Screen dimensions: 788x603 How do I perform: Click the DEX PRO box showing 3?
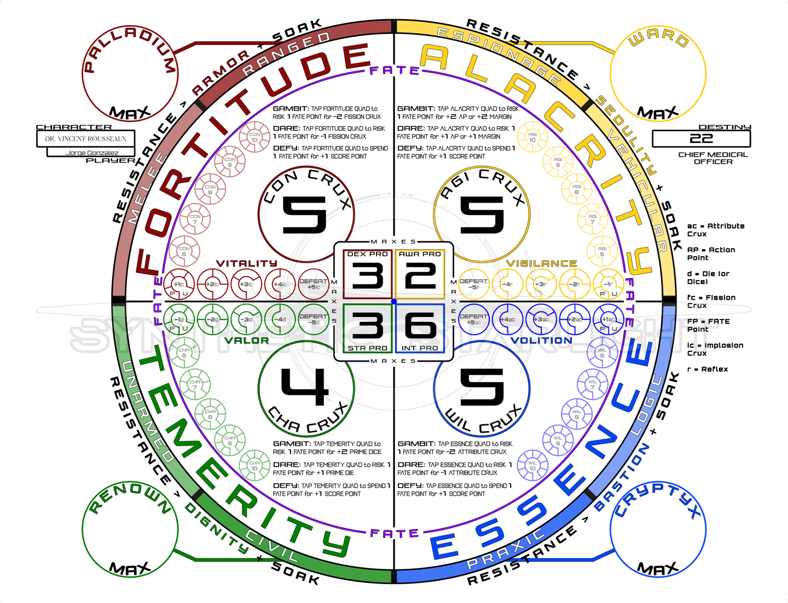[368, 274]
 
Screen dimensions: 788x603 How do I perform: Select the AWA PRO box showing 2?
[420, 274]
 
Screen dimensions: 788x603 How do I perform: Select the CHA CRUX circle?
[306, 390]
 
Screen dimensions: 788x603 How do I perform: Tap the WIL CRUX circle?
[482, 390]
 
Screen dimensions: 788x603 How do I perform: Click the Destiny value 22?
[701, 139]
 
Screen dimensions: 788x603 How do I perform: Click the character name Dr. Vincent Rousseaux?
[85, 139]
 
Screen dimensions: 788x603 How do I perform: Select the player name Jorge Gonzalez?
[91, 153]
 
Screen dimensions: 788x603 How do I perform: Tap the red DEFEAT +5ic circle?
[314, 284]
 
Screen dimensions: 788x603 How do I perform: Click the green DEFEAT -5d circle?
[314, 320]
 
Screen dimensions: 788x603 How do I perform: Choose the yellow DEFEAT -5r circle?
[473, 284]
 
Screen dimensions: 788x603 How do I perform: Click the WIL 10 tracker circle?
[532, 466]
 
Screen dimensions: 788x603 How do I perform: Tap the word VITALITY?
[246, 264]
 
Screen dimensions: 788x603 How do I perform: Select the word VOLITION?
[541, 340]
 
